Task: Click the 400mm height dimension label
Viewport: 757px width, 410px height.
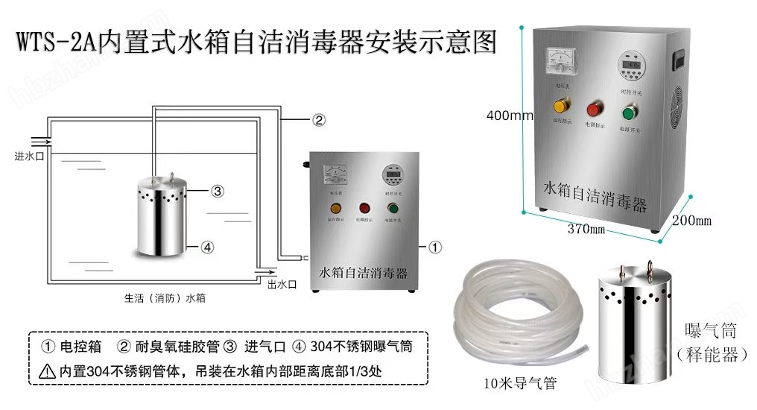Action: point(510,116)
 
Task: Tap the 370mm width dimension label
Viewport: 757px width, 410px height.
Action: point(586,229)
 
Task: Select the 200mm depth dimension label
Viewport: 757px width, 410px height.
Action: point(692,220)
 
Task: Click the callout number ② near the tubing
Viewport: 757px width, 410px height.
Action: point(318,120)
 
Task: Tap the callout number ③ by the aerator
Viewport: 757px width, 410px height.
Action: point(218,192)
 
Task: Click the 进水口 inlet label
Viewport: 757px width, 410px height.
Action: point(26,157)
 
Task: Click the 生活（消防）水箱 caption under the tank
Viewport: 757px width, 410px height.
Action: point(165,298)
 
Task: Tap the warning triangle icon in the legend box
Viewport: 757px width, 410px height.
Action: point(48,370)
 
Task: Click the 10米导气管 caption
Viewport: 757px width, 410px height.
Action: point(519,384)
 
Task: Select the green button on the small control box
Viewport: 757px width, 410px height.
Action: point(392,209)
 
